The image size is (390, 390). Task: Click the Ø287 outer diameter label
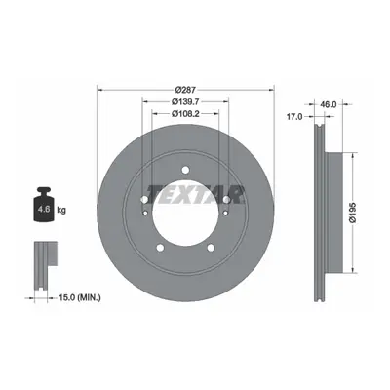185,90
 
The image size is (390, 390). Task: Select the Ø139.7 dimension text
185,101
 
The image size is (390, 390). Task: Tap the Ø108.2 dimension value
185,113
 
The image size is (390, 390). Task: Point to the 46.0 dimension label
328,104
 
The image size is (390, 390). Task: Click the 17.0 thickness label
294,117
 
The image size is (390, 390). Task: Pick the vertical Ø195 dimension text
353,213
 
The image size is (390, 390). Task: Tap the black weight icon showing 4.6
44,205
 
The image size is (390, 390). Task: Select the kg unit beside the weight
61,210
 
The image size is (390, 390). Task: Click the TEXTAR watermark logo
196,195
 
